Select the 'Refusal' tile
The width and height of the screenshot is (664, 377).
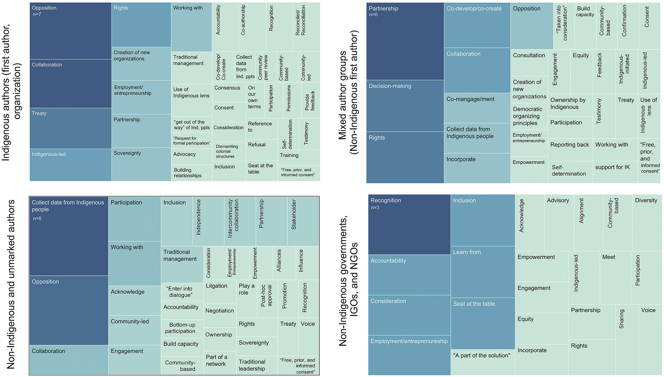click(262, 149)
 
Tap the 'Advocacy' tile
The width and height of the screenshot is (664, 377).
click(191, 156)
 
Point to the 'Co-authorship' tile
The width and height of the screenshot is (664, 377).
click(252, 27)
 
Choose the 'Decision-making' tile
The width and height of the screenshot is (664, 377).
click(405, 106)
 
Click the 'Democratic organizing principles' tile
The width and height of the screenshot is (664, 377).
click(529, 116)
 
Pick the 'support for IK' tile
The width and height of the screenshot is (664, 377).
click(615, 172)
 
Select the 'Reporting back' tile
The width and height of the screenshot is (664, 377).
click(570, 150)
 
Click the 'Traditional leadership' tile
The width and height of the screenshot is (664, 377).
click(257, 365)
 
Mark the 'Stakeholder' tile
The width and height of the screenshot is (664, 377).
click(303, 221)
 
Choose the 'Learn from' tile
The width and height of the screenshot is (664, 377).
click(483, 272)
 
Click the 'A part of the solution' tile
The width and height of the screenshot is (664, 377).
click(483, 362)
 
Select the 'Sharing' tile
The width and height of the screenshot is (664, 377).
click(627, 339)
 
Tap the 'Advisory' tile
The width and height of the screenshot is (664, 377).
click(559, 223)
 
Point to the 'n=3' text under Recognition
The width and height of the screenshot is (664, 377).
click(375, 208)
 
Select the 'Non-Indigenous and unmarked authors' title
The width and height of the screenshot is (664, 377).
click(11, 284)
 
